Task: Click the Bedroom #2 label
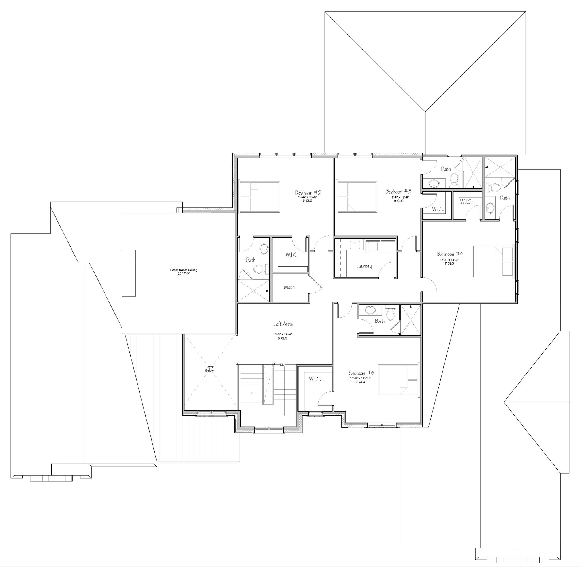pos(308,192)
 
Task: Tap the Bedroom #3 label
pos(398,191)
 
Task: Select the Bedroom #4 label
pos(450,254)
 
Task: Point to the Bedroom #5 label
pos(361,373)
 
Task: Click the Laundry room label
pos(364,266)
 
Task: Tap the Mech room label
pos(289,287)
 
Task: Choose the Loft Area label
pos(283,324)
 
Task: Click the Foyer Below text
pos(210,369)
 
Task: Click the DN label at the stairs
pos(282,365)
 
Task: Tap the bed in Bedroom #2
pos(259,196)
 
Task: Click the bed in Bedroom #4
pos(493,261)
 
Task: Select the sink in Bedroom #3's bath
pos(434,183)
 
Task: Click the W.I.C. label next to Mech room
pos(292,255)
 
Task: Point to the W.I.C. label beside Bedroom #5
pos(315,379)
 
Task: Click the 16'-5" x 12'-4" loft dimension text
pos(282,334)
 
